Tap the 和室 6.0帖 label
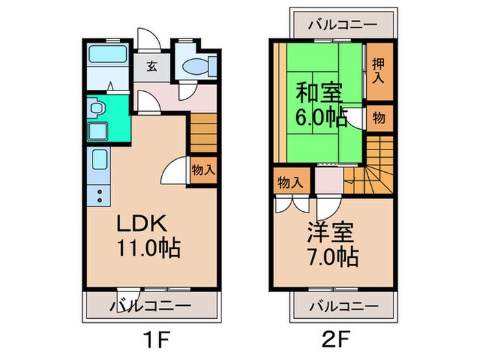[320, 103]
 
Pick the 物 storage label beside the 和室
[378, 117]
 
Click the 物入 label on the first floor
[202, 169]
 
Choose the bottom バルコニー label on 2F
[342, 305]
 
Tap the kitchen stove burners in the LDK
[100, 193]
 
